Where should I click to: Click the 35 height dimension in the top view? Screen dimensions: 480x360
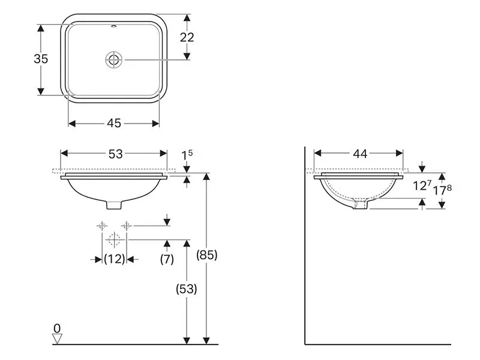click(41, 59)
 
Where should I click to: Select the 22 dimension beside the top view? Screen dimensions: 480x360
click(187, 37)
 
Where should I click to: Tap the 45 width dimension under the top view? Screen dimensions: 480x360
click(114, 123)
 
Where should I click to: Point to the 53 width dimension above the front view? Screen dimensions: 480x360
click(115, 154)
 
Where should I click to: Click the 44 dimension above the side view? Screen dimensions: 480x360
click(360, 154)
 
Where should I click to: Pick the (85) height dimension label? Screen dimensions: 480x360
click(207, 254)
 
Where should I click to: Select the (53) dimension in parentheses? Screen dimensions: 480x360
click(187, 289)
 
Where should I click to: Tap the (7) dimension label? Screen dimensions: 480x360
click(167, 259)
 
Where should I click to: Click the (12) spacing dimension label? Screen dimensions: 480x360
click(115, 259)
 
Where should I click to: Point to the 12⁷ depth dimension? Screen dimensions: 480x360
click(422, 185)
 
